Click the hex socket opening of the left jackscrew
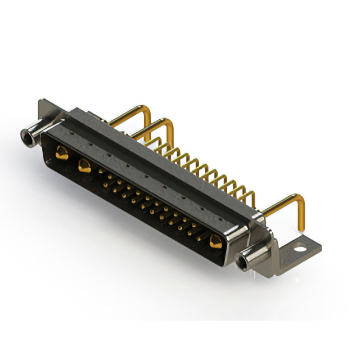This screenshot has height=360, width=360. tap(26, 135)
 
